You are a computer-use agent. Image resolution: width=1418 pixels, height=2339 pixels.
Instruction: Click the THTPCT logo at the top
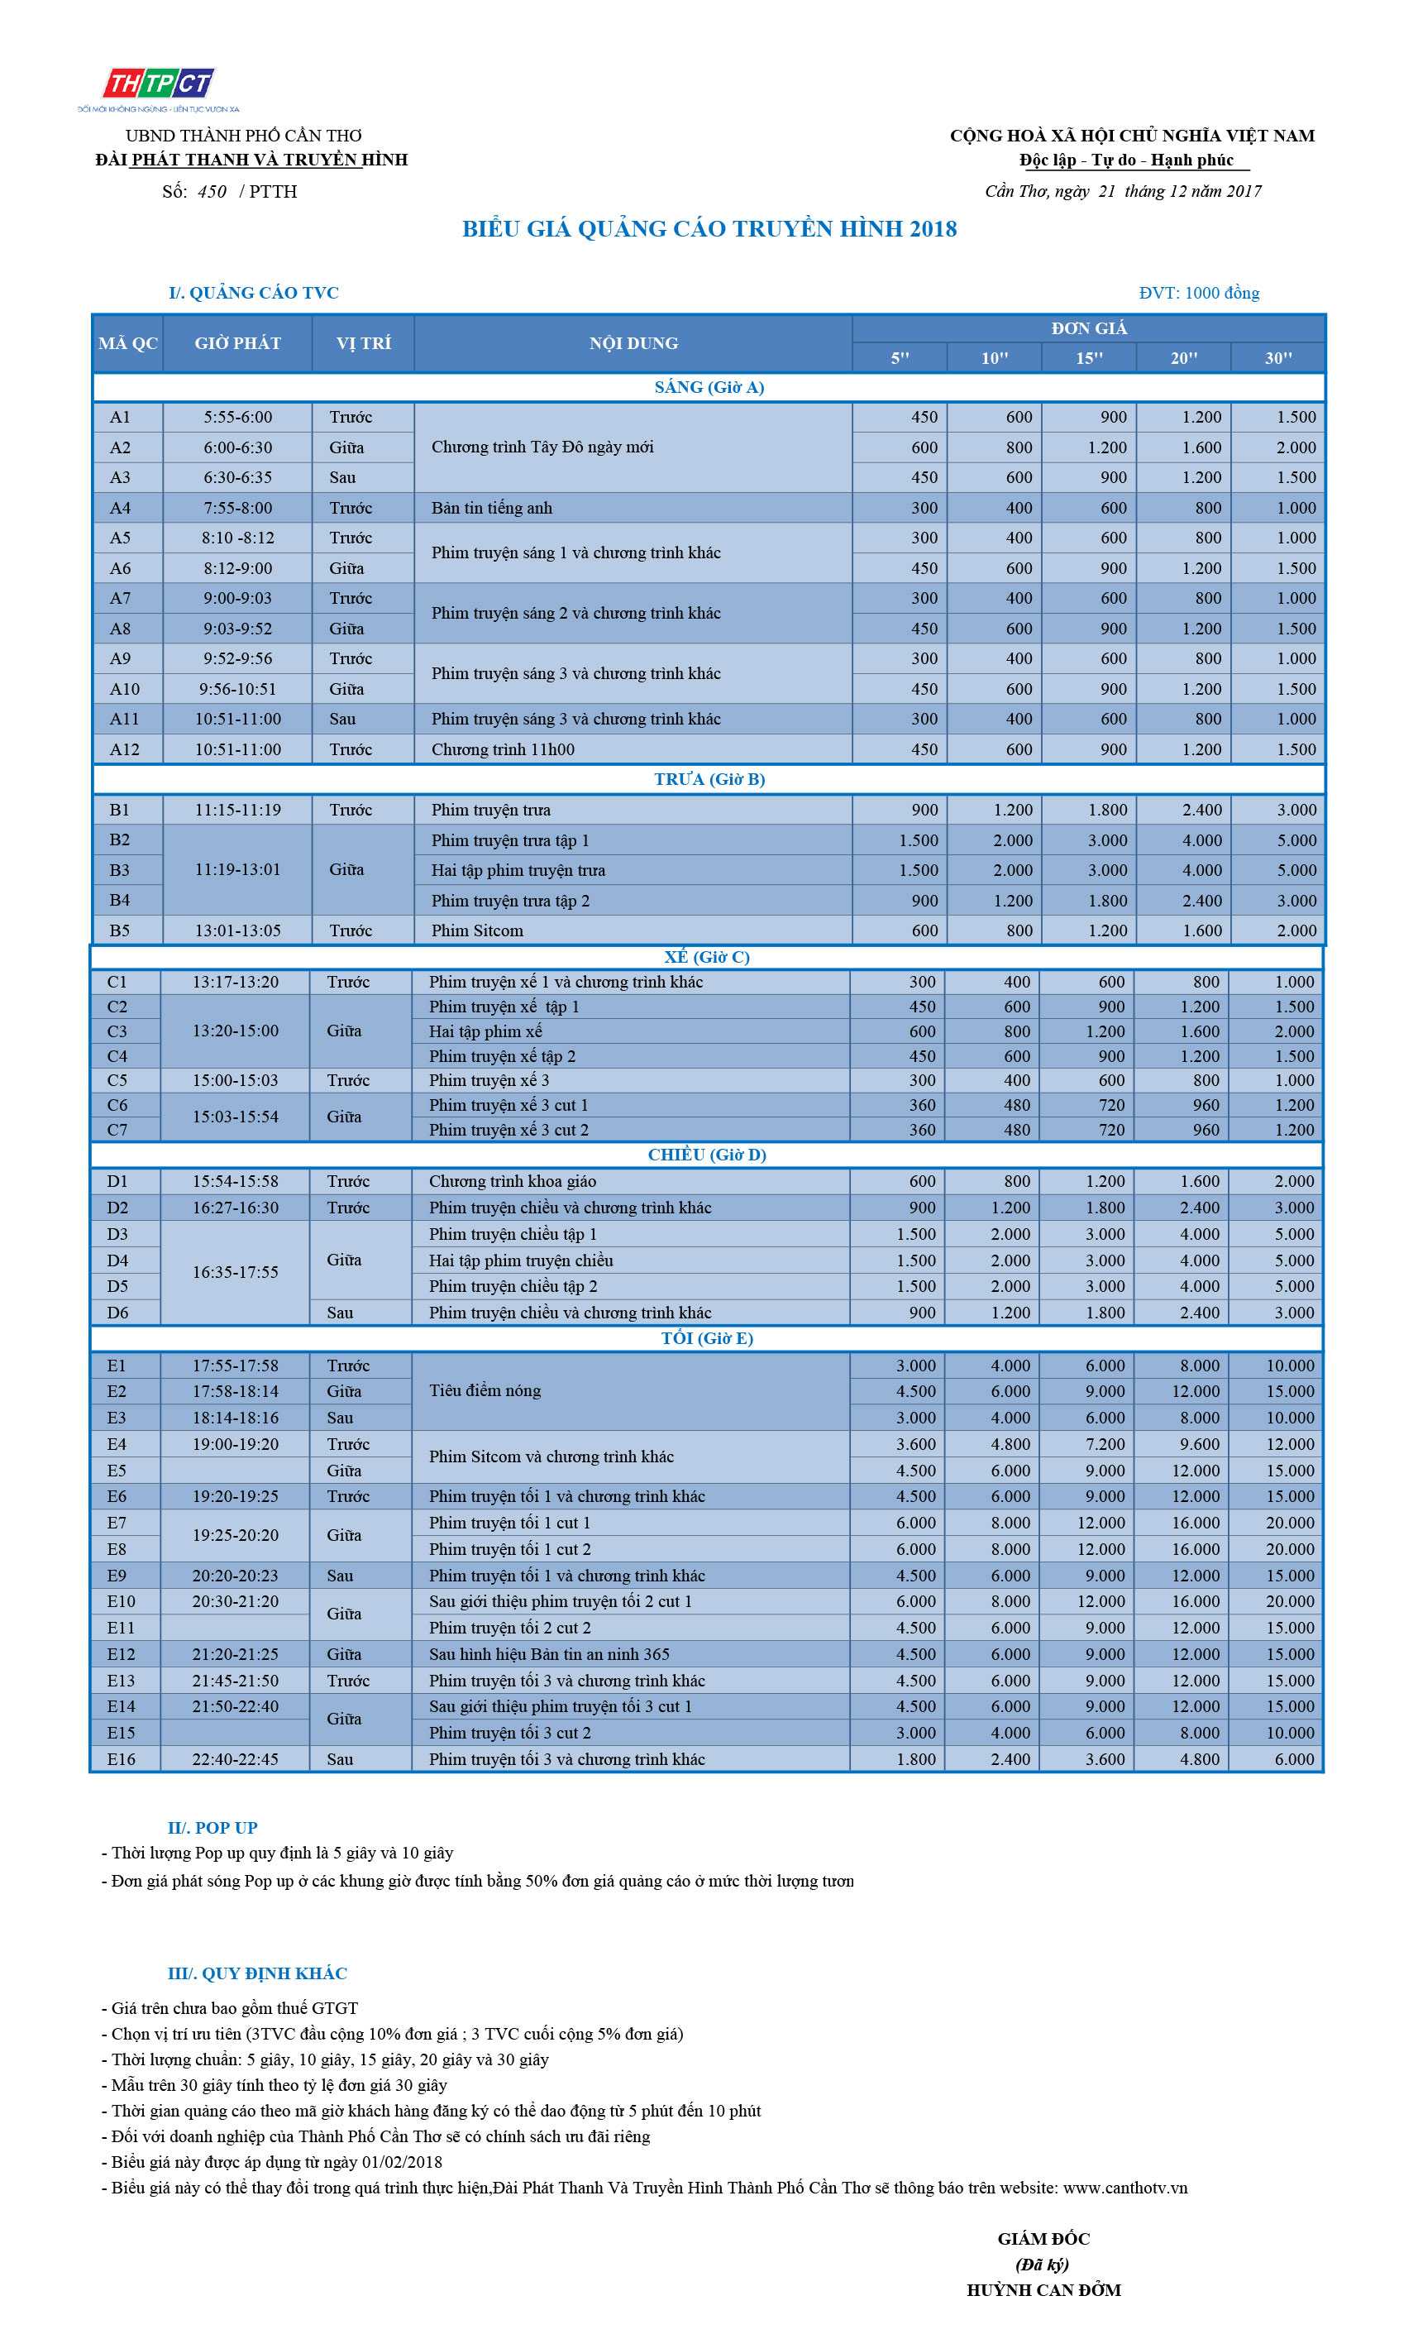(159, 84)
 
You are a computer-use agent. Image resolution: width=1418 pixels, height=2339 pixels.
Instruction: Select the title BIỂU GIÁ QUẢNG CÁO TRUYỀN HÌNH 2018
(709, 229)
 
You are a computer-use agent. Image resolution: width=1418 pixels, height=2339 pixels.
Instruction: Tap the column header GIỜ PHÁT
(237, 342)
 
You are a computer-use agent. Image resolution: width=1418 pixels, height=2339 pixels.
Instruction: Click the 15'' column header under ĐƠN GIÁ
(1089, 358)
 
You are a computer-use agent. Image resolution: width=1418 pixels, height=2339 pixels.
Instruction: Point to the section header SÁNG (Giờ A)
(709, 387)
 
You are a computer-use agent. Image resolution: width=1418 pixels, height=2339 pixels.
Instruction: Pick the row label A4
(120, 508)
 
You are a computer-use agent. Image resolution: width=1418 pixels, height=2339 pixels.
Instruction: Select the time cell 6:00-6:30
(237, 447)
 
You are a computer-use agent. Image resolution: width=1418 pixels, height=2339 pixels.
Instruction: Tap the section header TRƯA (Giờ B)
(709, 779)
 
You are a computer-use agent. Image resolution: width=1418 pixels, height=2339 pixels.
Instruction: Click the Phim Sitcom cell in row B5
(477, 930)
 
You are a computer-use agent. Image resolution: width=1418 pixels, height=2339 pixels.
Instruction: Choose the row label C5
(117, 1080)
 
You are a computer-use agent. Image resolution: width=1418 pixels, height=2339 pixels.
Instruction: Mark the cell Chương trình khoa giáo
(513, 1181)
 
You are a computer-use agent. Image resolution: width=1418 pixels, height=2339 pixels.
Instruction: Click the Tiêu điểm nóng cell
(485, 1390)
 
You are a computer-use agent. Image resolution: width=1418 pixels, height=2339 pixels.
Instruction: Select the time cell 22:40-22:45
(236, 1759)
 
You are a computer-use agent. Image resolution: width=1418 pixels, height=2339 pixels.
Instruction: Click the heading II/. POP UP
(212, 1827)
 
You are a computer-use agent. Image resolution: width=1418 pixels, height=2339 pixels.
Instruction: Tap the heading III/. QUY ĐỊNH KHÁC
(257, 1973)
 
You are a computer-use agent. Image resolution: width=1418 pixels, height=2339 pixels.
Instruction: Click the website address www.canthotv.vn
(1124, 2187)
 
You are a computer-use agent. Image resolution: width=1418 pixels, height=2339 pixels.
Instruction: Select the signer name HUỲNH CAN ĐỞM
(1043, 2289)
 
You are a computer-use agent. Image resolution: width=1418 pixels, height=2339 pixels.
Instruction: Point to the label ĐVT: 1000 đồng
(1199, 293)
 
